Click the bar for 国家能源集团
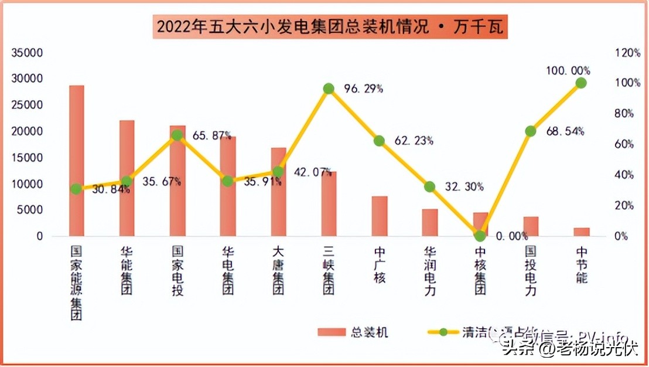pos(77,161)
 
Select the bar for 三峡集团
pos(329,204)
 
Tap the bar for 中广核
pos(379,216)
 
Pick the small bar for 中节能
pos(581,232)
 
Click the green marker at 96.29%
pos(329,89)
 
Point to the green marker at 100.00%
pos(581,83)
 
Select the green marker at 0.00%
pos(480,236)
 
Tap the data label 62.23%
pos(414,141)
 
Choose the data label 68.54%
pos(565,131)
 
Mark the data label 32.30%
pos(464,187)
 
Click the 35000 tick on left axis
pos(28,53)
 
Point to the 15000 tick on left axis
pos(28,158)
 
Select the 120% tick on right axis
pos(628,53)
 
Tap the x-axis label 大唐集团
pos(278,270)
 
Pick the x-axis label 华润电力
pos(429,270)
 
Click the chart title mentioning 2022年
pos(330,27)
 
